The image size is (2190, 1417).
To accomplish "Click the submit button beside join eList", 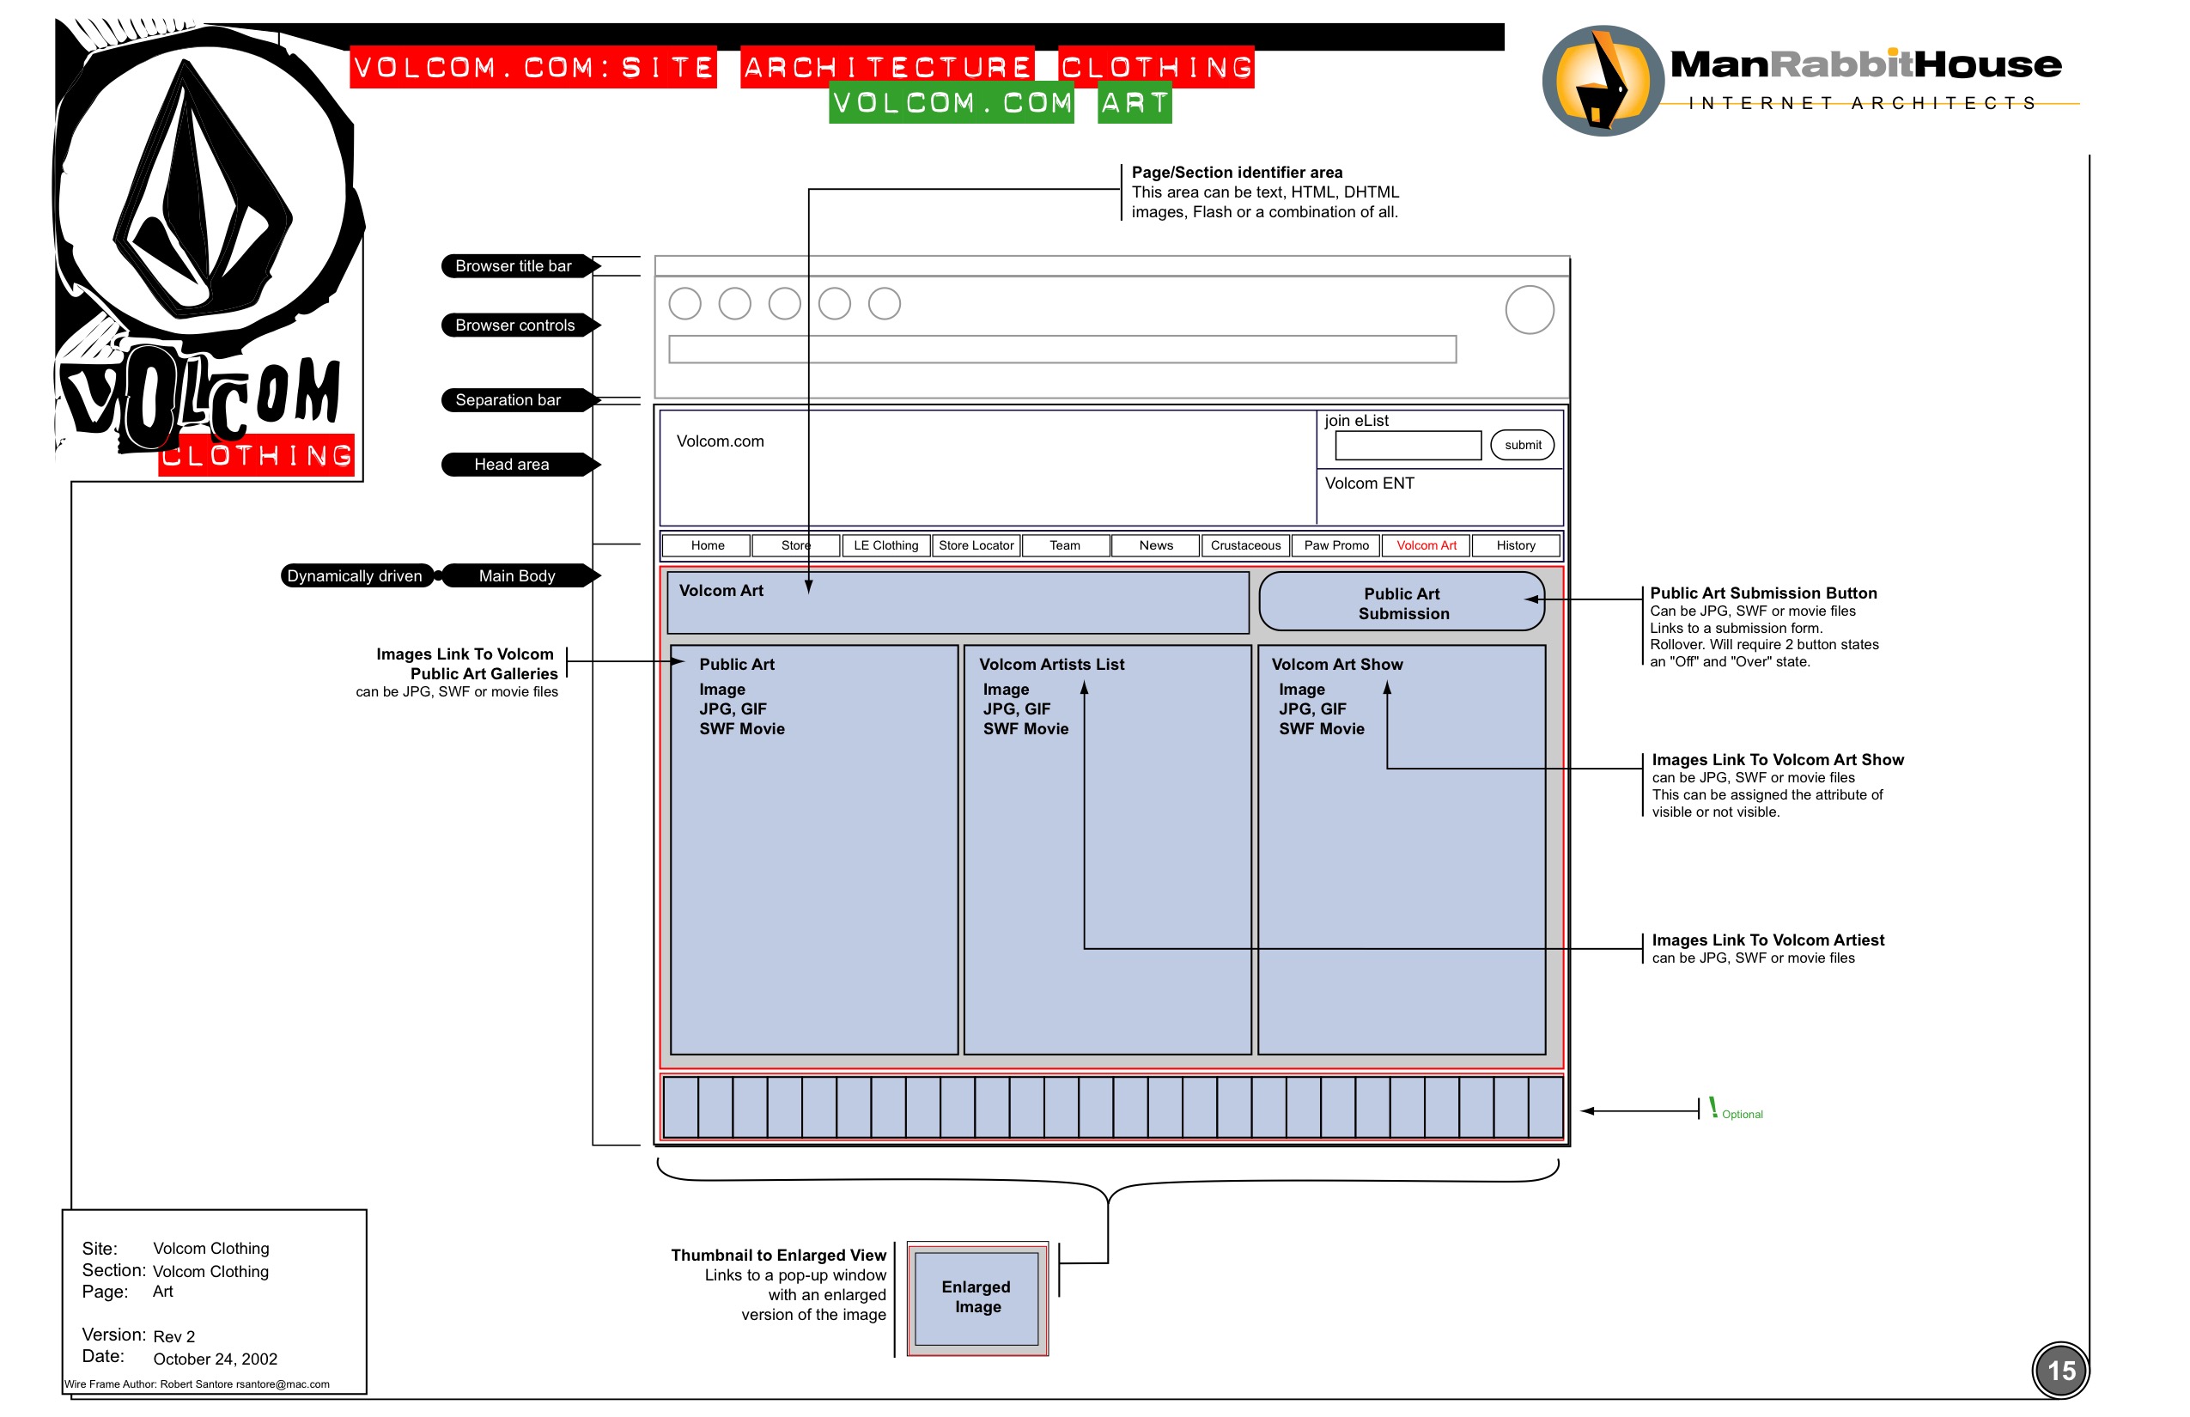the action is click(x=1522, y=446).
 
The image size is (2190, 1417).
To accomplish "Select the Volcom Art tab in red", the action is click(x=1426, y=545).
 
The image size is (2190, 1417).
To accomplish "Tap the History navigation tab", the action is click(x=1515, y=545).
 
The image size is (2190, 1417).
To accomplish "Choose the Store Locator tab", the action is click(x=976, y=545).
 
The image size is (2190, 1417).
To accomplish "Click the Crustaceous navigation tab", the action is click(x=1245, y=545).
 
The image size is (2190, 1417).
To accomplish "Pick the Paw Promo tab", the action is click(x=1335, y=545).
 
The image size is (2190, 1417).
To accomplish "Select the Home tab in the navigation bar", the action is click(x=707, y=545).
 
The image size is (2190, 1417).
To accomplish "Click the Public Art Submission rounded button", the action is click(x=1402, y=603).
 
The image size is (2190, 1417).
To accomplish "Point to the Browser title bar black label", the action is click(x=515, y=266).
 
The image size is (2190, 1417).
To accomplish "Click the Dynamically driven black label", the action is click(x=356, y=576).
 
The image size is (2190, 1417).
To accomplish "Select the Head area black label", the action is click(x=514, y=465).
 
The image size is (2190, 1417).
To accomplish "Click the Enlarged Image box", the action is click(x=976, y=1298).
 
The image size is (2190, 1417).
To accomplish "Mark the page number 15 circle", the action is click(x=2060, y=1371).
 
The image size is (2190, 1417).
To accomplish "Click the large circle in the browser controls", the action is click(x=1530, y=310).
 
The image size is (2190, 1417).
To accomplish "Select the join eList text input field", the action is click(x=1408, y=446).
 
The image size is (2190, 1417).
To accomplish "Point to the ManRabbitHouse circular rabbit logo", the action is click(x=1602, y=81).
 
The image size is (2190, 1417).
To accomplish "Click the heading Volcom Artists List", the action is click(x=1051, y=665).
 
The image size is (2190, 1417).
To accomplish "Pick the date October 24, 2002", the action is click(x=216, y=1359).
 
